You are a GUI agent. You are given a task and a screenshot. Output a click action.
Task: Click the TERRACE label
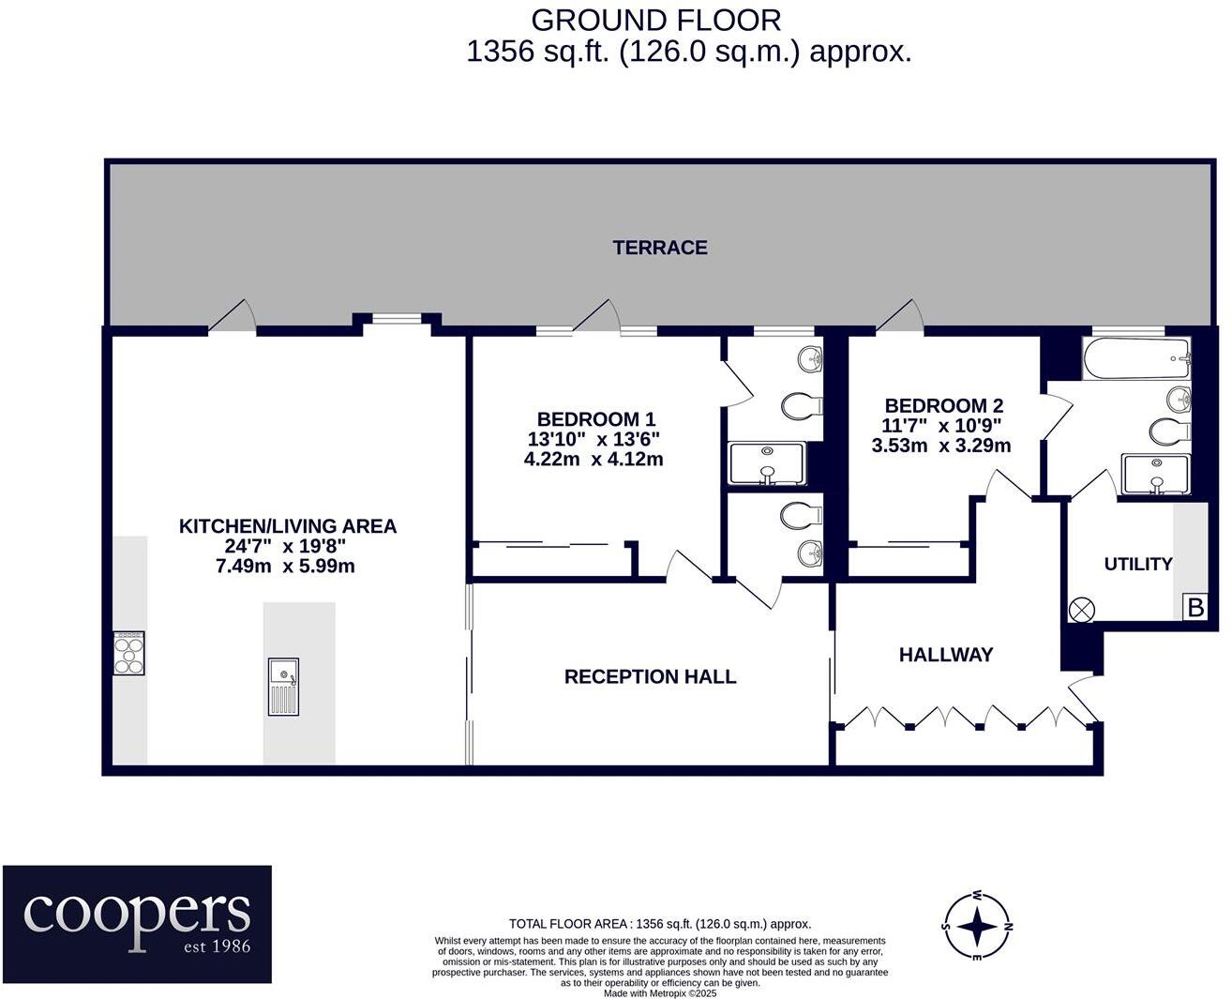[x=659, y=248]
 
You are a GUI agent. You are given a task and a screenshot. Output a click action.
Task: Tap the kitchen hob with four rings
[x=129, y=653]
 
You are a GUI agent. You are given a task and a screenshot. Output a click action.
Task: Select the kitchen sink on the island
[x=283, y=687]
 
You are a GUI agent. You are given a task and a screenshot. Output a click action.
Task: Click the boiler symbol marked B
[x=1195, y=608]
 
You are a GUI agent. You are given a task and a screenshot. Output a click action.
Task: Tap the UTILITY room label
[x=1137, y=564]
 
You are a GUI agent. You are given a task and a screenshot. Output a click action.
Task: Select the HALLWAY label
[x=946, y=655]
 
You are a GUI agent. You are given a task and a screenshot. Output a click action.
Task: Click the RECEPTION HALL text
[x=650, y=677]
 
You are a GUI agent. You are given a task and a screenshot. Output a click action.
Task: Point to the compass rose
[x=977, y=927]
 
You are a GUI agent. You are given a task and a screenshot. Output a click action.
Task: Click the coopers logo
[x=137, y=924]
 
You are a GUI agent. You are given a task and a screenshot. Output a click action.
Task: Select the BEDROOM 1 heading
[x=596, y=418]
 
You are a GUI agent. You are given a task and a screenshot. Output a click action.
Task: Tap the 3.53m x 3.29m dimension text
[x=941, y=446]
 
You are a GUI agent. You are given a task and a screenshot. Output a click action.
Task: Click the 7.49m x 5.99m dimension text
[x=285, y=566]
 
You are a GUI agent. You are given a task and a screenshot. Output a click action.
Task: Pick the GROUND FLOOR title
[x=656, y=21]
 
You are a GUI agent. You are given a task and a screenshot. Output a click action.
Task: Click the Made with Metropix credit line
[x=660, y=993]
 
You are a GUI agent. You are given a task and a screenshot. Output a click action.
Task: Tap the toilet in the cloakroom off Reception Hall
[x=801, y=515]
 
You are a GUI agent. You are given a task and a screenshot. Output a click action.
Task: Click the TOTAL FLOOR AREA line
[x=660, y=924]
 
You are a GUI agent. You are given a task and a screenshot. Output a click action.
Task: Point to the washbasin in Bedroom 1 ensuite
[x=810, y=359]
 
